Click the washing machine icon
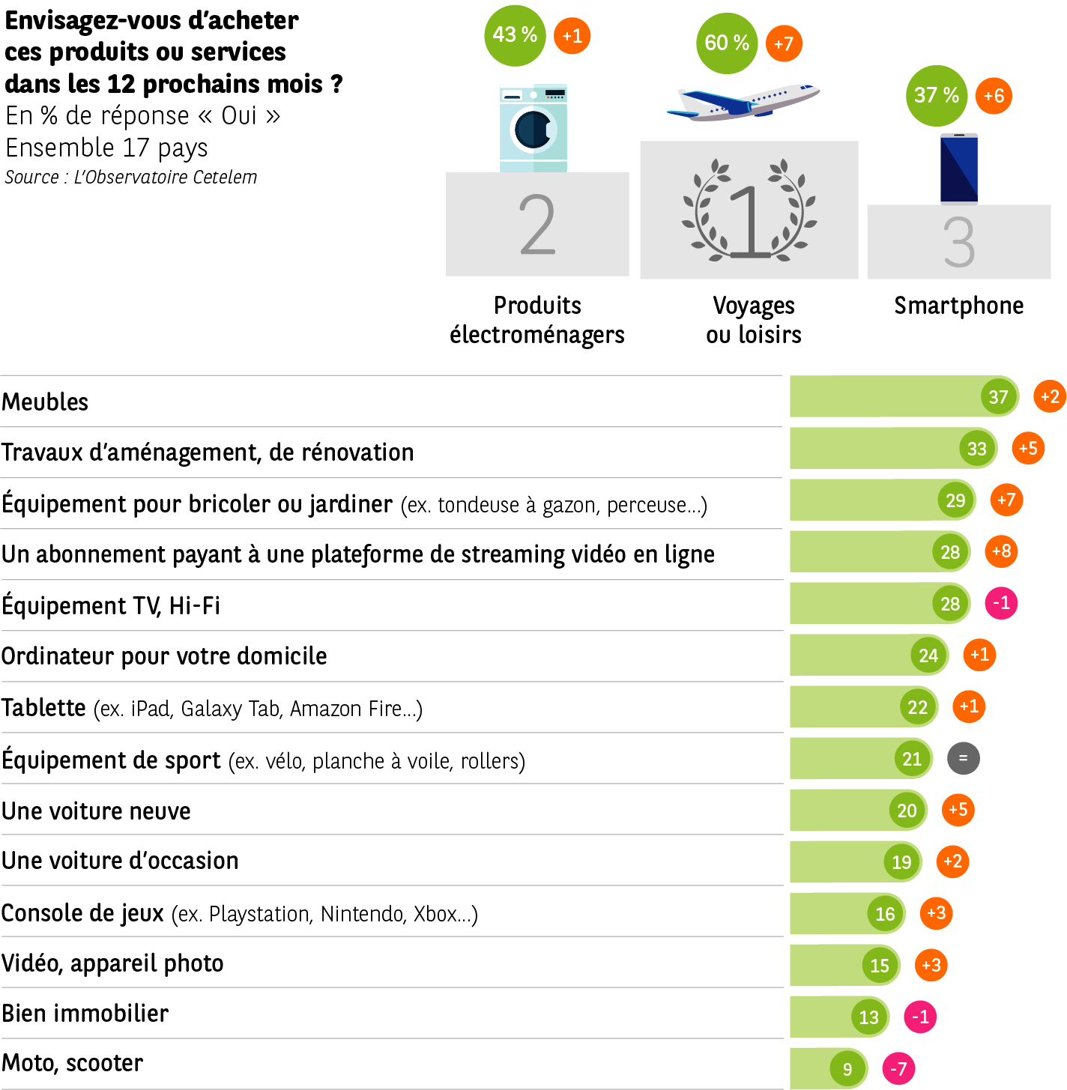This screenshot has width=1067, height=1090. click(533, 128)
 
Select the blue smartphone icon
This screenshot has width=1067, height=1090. click(959, 168)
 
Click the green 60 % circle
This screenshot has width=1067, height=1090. click(727, 43)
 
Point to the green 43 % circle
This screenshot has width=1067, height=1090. click(515, 35)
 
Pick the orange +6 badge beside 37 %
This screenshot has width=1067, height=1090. click(994, 96)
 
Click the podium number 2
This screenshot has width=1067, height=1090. click(537, 225)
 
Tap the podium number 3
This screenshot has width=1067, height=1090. click(959, 243)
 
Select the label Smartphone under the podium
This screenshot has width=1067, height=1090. click(958, 306)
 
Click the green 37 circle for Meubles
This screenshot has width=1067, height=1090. click(998, 397)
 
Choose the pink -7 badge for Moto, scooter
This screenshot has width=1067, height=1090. click(898, 1068)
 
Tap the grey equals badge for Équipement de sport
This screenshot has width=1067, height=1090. click(963, 758)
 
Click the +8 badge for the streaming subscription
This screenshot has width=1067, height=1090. click(1001, 552)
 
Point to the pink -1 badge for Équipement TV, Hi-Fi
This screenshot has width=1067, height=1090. click(1001, 603)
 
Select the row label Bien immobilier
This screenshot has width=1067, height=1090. click(85, 1014)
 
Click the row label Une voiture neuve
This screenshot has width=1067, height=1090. click(96, 811)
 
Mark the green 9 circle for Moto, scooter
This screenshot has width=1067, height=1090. click(847, 1069)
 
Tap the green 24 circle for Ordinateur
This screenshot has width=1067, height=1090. click(928, 655)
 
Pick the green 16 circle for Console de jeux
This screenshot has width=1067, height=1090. click(885, 914)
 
